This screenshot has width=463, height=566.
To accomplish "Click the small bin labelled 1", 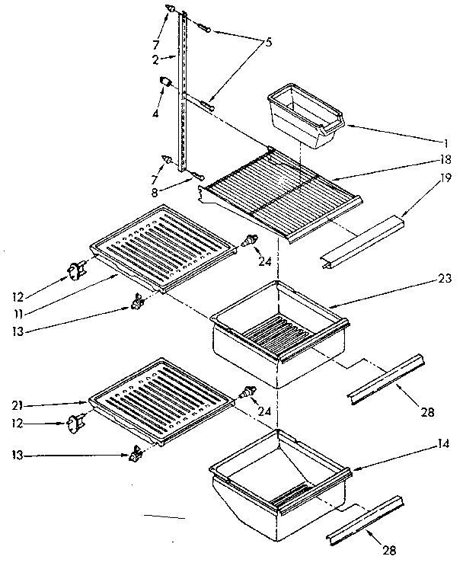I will (x=305, y=116).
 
